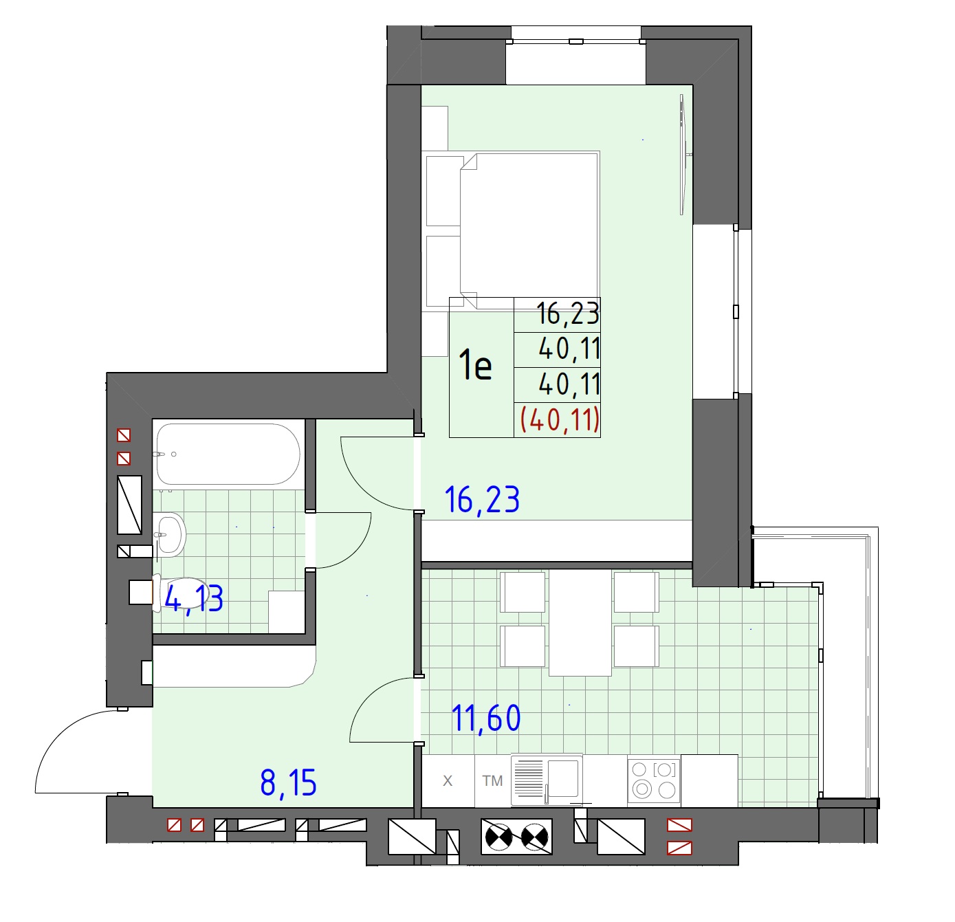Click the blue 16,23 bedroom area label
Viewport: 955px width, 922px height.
pos(481,500)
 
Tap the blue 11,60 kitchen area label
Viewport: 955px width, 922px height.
pos(485,718)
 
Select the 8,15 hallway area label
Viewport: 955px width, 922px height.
pos(288,782)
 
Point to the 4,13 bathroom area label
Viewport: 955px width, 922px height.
pos(194,599)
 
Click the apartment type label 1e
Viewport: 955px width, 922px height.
pos(474,365)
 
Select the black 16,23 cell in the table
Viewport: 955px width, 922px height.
pos(568,314)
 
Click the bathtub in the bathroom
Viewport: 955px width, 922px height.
pos(228,454)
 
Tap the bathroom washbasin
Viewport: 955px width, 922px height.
pos(169,535)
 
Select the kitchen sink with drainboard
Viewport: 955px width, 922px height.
pos(547,780)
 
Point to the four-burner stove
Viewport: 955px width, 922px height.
pos(654,780)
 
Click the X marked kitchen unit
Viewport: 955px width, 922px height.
pos(448,780)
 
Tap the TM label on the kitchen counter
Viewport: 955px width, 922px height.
pos(492,780)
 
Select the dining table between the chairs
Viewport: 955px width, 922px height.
pos(580,622)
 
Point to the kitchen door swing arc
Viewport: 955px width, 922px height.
pos(369,702)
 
